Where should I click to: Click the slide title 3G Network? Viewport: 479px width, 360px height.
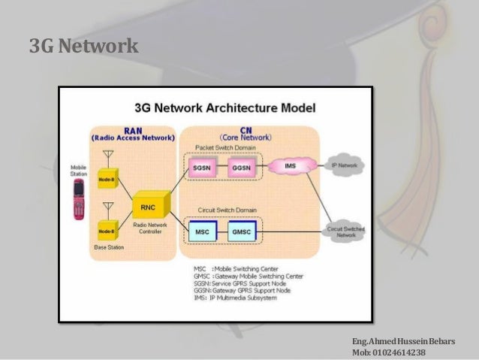click(83, 47)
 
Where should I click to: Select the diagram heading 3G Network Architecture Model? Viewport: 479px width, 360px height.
click(224, 107)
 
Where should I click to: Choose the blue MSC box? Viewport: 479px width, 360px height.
click(203, 232)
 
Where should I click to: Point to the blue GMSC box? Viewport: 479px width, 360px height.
click(242, 232)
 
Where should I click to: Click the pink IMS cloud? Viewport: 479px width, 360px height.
click(289, 165)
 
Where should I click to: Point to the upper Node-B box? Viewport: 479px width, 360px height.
click(107, 180)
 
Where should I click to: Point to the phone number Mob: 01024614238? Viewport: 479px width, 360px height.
click(387, 352)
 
